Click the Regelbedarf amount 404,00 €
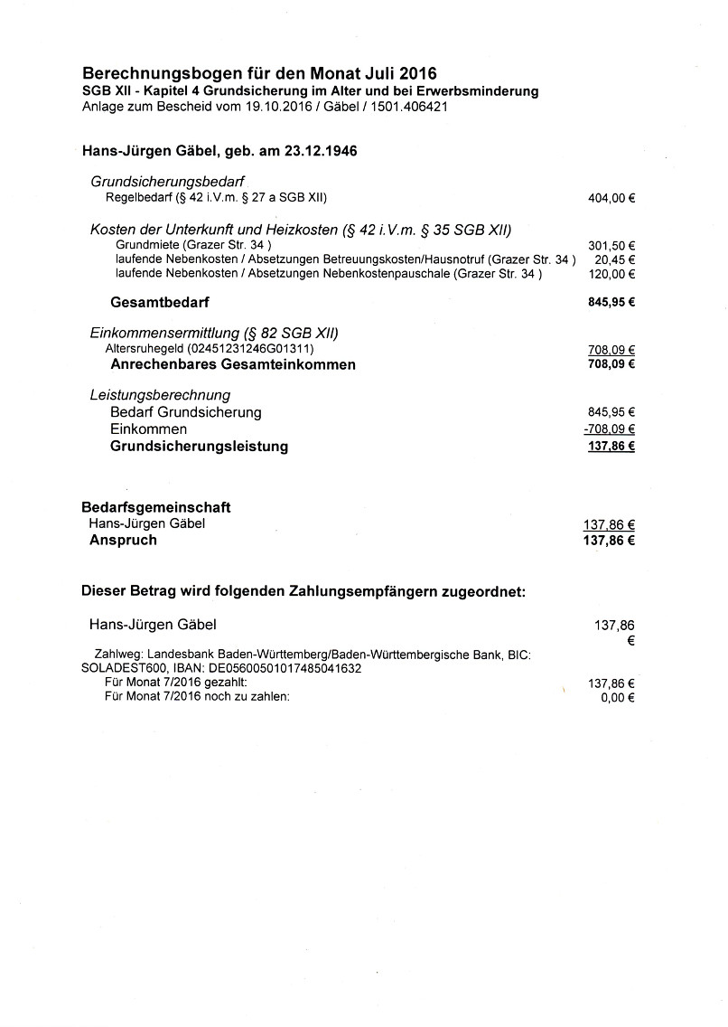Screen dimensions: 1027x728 611,198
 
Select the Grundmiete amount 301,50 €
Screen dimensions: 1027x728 611,245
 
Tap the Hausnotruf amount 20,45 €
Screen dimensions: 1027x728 614,259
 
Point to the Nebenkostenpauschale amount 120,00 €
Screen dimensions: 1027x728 611,274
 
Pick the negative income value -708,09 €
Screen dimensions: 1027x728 610,429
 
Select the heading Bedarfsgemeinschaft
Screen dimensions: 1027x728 156,507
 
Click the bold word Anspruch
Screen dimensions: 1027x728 123,540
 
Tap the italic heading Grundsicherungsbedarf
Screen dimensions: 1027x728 168,182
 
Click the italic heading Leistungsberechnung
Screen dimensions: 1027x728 160,395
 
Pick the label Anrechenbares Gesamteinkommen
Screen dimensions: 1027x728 233,365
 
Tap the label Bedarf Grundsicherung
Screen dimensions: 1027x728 185,412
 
